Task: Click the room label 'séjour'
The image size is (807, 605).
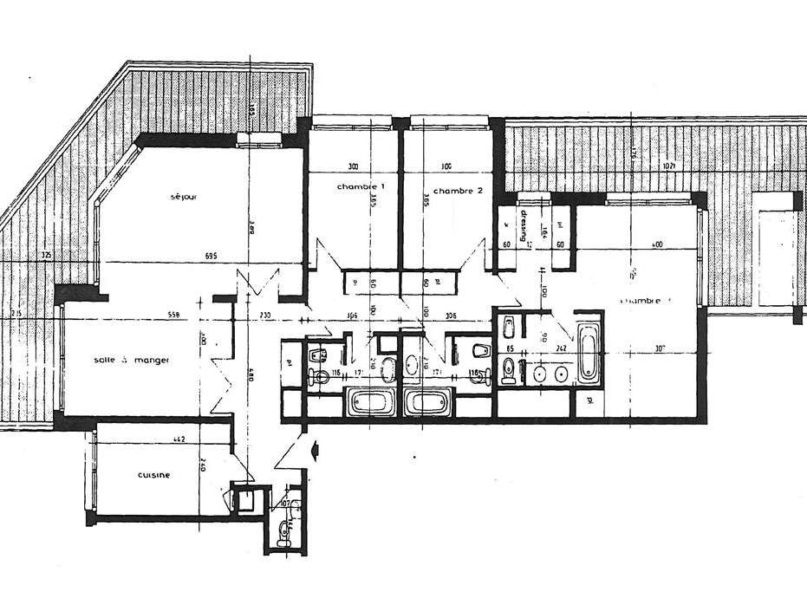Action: click(x=184, y=197)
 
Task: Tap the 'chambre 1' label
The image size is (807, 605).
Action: click(x=361, y=188)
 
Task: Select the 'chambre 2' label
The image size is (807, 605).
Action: click(x=457, y=191)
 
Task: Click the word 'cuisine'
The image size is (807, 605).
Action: click(x=153, y=475)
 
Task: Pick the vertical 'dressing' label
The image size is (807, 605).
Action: click(x=524, y=227)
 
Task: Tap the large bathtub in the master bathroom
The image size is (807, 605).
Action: click(x=589, y=353)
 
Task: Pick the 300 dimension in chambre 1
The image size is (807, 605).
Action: click(x=353, y=166)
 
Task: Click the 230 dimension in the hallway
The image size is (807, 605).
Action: click(x=266, y=315)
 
